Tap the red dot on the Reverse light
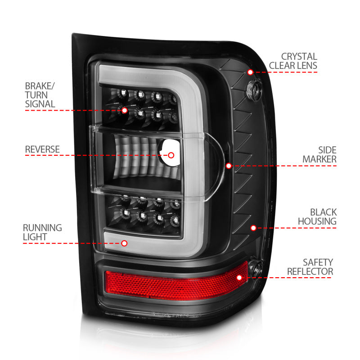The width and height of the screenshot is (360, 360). tap(171, 155)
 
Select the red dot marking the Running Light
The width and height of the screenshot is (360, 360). tap(125, 243)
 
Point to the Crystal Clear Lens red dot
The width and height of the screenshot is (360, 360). tap(250, 72)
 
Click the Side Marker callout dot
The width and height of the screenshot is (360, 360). tap(229, 166)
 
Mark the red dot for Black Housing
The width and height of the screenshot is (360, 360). tap(253, 228)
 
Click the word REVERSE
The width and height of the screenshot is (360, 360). tap(42, 149)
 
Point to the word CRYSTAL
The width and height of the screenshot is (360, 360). tap(299, 57)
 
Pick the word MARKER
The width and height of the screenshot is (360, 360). tap(319, 159)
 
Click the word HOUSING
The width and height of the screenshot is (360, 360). tap(317, 221)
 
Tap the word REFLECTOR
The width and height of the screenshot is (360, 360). tap(310, 272)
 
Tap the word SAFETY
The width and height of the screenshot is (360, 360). tap(318, 262)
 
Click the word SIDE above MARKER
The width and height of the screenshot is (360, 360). tap(327, 150)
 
